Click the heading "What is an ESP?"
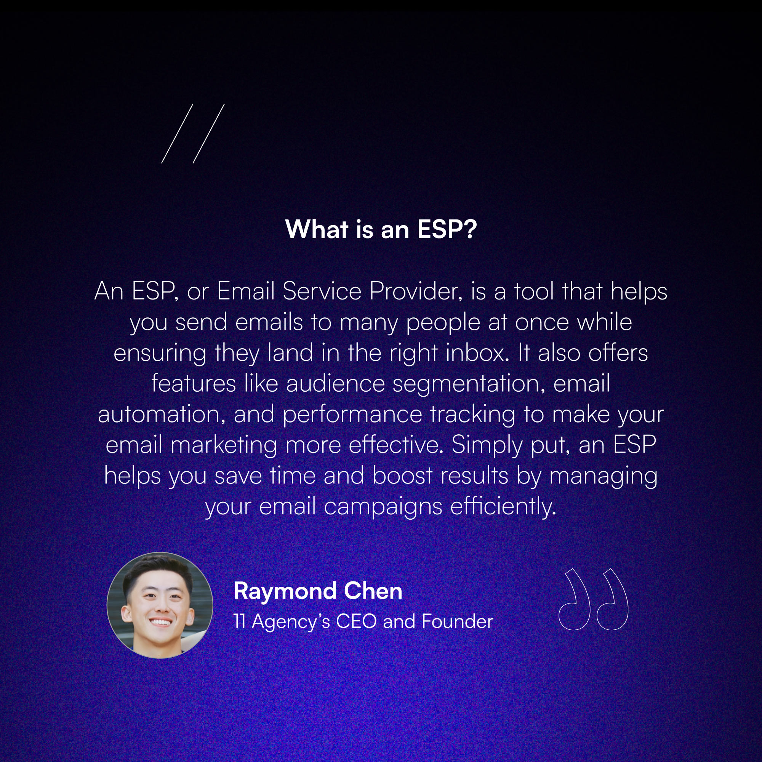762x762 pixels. pyautogui.click(x=381, y=229)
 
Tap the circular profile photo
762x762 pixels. pyautogui.click(x=160, y=605)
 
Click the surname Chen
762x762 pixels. pyautogui.click(x=373, y=591)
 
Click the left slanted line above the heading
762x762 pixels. pyautogui.click(x=177, y=134)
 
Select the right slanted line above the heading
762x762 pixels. pyautogui.click(x=209, y=134)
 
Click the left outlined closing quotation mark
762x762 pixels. pyautogui.click(x=574, y=599)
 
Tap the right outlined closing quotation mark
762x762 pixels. pyautogui.click(x=612, y=599)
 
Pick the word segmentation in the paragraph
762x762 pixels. pyautogui.click(x=468, y=383)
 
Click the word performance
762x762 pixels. pyautogui.click(x=352, y=415)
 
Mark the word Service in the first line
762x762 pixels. pyautogui.click(x=322, y=291)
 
